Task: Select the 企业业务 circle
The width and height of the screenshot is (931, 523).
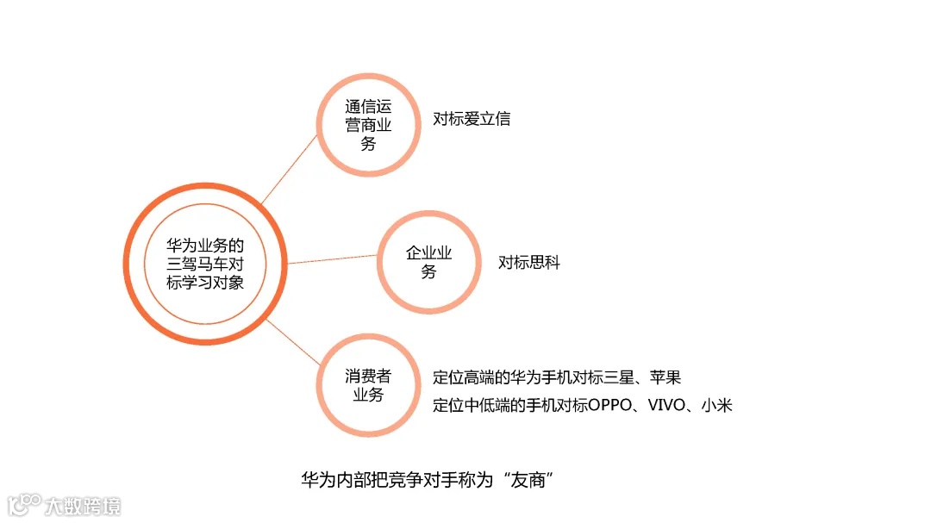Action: [x=428, y=262]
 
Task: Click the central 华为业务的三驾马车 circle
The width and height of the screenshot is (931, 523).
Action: [x=204, y=263]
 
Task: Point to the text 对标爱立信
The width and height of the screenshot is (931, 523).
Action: [x=472, y=119]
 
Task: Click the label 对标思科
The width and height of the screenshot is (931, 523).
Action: [x=529, y=263]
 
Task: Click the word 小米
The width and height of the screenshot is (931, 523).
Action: [x=716, y=405]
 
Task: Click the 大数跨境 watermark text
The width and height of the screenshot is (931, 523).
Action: [x=84, y=505]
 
